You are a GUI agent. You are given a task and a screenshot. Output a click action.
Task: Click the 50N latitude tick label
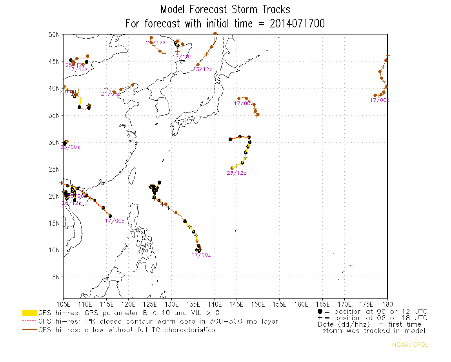54,34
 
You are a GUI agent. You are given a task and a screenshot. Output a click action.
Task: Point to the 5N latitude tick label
56,277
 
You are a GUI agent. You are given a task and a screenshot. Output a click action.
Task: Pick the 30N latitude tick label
54,142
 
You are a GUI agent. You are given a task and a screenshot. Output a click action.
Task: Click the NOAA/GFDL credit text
410,345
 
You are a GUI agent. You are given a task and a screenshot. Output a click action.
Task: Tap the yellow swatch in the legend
29,313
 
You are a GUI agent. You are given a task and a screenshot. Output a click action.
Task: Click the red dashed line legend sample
29,322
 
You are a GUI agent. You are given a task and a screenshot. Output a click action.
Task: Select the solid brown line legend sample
29,330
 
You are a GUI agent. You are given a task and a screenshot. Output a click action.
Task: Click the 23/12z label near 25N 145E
236,173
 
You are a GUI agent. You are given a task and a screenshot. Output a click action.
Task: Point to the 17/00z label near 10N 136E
201,255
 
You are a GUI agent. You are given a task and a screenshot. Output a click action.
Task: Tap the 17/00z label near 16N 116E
115,221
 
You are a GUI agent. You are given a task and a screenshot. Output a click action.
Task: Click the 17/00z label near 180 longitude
379,100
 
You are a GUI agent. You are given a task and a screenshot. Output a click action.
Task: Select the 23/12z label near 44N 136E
202,70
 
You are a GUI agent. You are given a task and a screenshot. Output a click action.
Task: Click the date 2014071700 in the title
297,24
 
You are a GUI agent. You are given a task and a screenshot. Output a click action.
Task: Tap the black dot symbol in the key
320,311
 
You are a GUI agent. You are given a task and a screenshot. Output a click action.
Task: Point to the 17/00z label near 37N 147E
244,103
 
